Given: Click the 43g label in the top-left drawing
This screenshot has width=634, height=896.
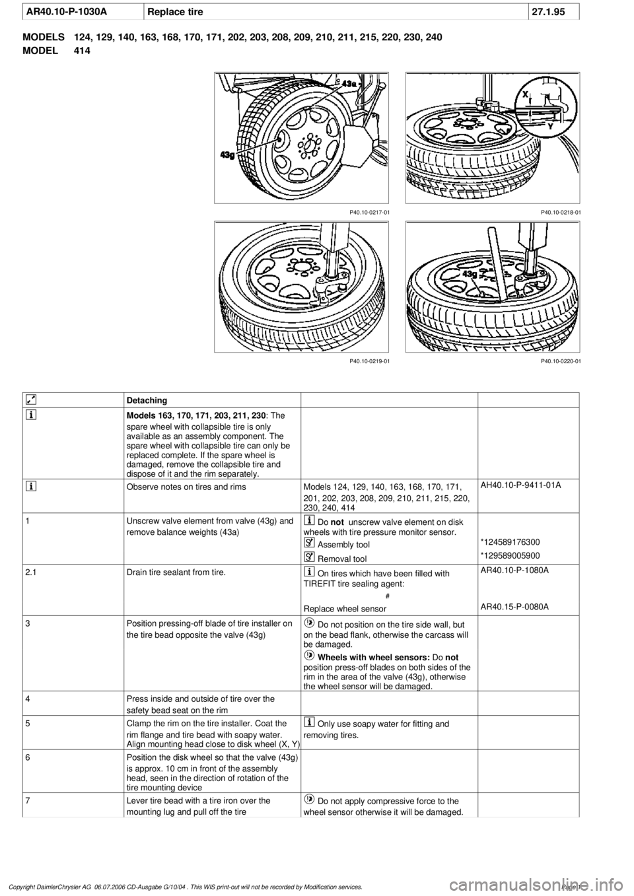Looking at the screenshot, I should [228, 155].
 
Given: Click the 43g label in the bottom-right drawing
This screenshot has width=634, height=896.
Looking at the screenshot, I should [470, 273].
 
